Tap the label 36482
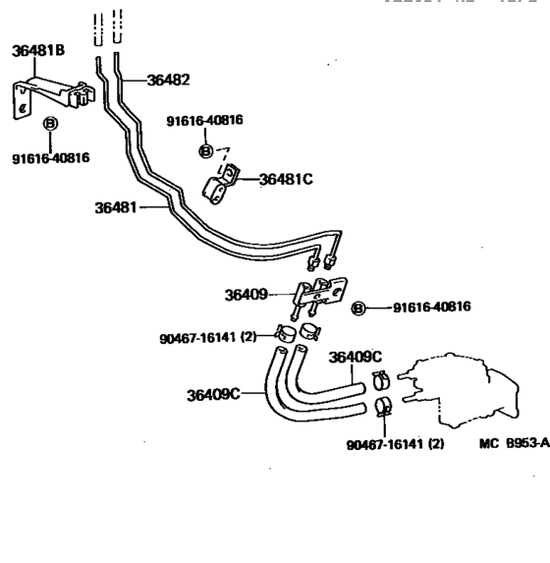[168, 81]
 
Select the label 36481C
[286, 179]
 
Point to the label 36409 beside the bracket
[247, 294]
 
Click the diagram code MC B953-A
[514, 443]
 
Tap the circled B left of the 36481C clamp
[206, 150]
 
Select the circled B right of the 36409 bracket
[358, 308]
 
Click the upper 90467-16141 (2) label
[207, 337]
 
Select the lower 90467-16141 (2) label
[395, 443]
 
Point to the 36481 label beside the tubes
[117, 207]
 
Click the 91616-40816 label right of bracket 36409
[431, 307]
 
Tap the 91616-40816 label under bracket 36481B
[50, 156]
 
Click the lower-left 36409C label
[213, 394]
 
